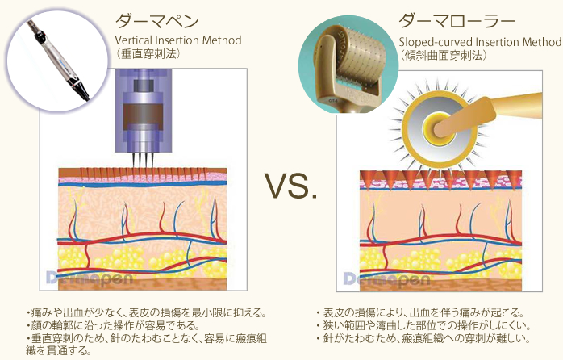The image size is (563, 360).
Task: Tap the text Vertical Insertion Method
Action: [178, 40]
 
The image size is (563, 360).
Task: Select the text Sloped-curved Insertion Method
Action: [479, 42]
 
